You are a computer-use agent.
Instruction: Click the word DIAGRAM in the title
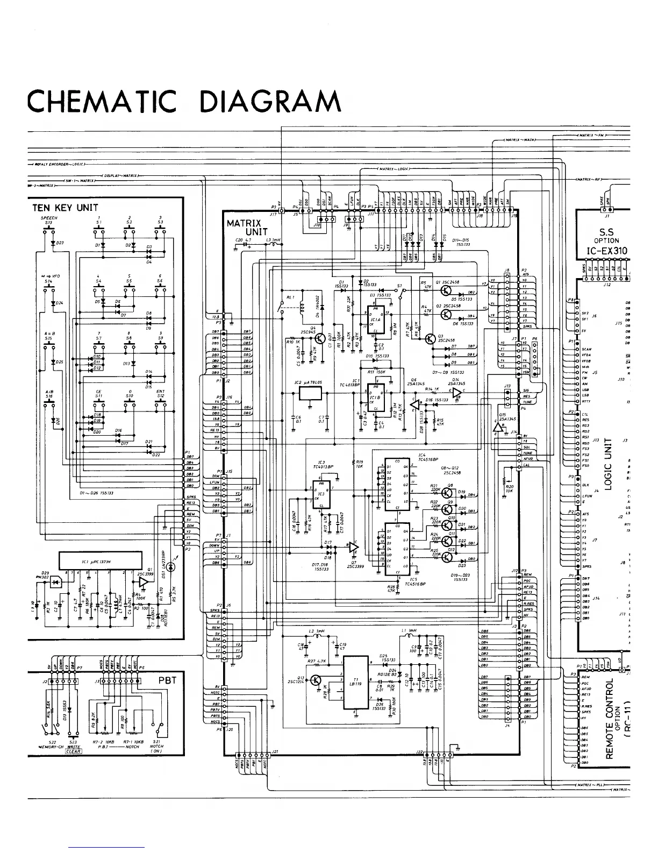(270, 101)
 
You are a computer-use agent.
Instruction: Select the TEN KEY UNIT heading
(65, 208)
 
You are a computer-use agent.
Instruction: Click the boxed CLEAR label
(73, 751)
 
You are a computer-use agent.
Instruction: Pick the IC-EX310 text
(606, 251)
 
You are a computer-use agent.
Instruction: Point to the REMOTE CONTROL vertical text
(610, 718)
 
